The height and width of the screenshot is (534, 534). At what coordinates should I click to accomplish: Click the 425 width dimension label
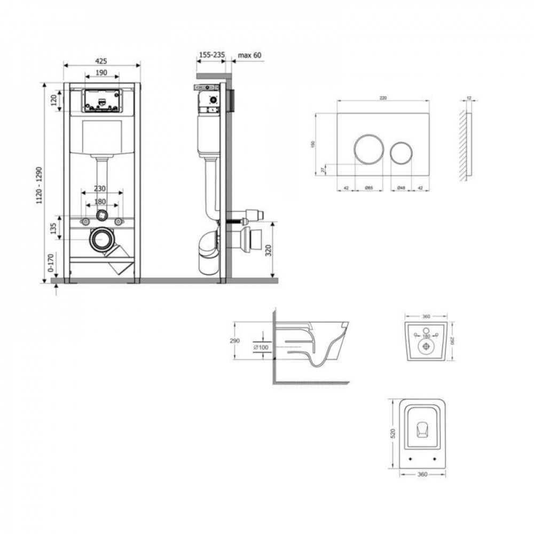[x=101, y=60]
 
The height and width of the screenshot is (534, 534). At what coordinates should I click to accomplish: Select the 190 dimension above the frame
[x=101, y=73]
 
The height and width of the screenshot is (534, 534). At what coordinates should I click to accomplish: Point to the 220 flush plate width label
[x=383, y=97]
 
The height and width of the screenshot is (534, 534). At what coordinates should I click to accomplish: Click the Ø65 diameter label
[x=368, y=188]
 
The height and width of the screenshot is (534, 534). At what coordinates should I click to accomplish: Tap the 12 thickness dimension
[x=468, y=98]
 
